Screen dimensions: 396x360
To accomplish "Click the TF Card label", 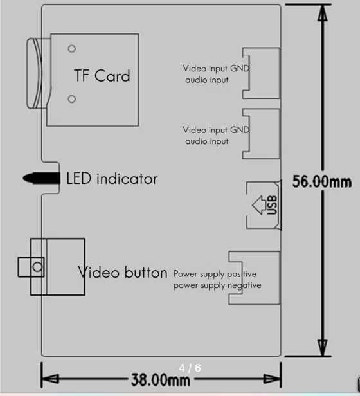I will tap(102, 76).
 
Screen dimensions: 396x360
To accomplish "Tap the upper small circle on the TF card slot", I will tap(72, 48).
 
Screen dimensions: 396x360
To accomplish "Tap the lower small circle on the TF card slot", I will tap(72, 98).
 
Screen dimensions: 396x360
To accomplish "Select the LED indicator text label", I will tap(112, 178).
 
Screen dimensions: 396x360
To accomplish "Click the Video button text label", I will tap(123, 272).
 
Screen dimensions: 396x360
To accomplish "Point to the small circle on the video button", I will tap(38, 266).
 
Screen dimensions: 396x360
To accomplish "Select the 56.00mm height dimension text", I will tap(322, 181).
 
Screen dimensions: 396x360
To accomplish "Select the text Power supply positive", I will tap(215, 274).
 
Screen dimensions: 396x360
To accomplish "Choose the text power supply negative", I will tap(217, 285).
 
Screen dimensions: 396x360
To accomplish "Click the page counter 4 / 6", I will tap(190, 368).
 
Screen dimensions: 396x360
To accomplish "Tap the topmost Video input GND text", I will tap(216, 68).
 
